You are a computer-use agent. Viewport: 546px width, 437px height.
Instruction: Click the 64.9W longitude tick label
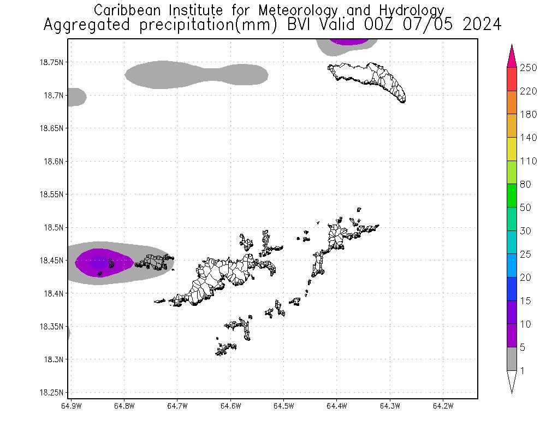click(71, 406)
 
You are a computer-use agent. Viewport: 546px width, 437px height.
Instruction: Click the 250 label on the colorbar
click(529, 68)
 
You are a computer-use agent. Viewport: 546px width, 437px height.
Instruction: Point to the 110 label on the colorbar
click(529, 161)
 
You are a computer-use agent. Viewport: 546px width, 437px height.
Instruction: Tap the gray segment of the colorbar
click(512, 359)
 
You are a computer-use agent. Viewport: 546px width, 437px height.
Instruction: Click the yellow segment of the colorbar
click(512, 149)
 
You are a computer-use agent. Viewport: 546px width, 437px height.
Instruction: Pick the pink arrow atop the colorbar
click(512, 56)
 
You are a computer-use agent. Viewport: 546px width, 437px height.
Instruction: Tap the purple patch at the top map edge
click(350, 42)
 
